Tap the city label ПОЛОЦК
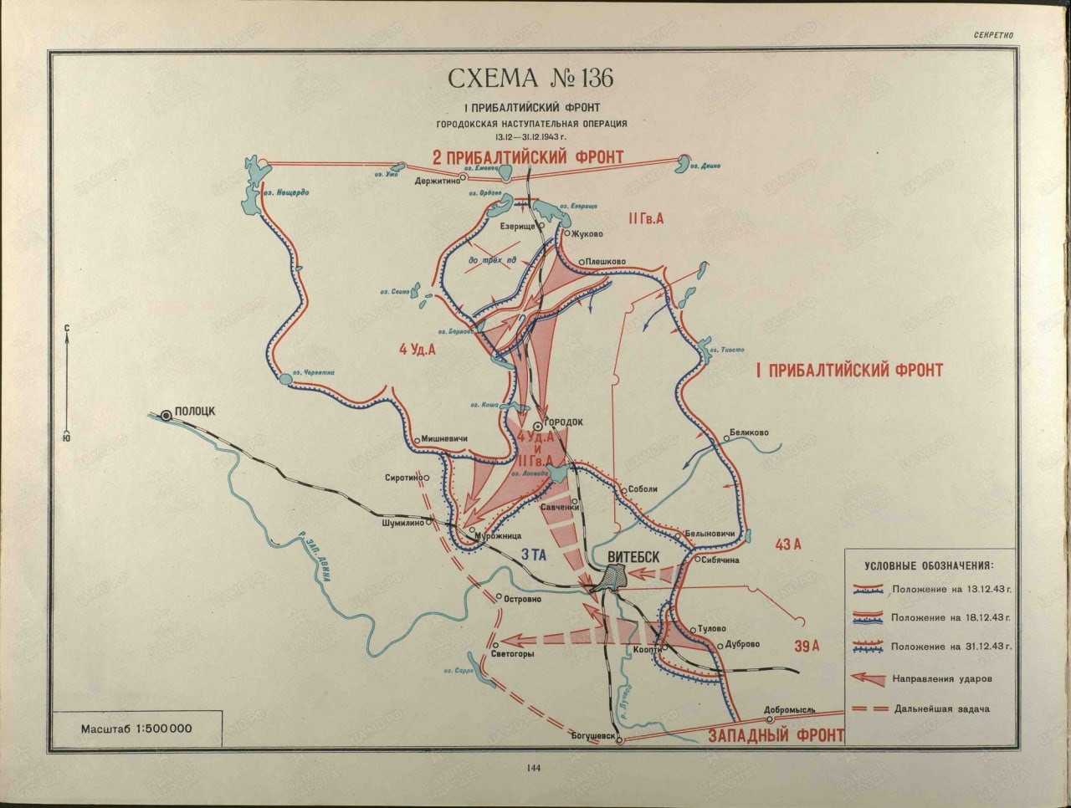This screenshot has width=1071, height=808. click(x=197, y=412)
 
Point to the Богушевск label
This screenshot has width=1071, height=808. click(x=593, y=736)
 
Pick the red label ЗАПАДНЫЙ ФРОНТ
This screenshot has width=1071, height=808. click(x=775, y=736)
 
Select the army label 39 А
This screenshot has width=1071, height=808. click(x=808, y=646)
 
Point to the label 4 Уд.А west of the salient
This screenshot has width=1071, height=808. click(x=419, y=350)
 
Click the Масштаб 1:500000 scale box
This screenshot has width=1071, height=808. click(x=136, y=728)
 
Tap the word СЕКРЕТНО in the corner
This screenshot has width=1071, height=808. click(x=994, y=36)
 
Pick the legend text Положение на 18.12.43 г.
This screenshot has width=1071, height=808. click(x=951, y=617)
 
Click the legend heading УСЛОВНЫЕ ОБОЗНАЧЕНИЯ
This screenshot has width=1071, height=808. click(x=929, y=565)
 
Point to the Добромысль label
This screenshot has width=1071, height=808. click(x=789, y=708)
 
